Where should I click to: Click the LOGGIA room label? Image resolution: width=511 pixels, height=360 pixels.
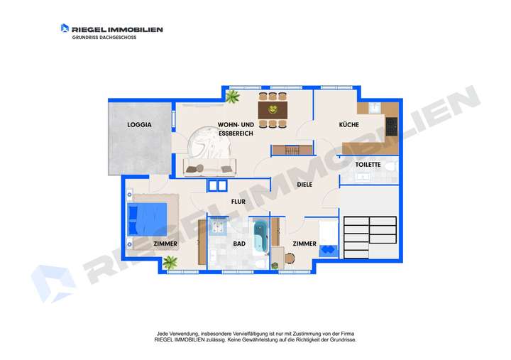pyautogui.click(x=139, y=125)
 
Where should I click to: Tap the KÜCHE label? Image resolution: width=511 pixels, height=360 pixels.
pyautogui.click(x=348, y=125)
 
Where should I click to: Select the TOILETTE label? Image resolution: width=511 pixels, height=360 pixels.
pyautogui.click(x=368, y=165)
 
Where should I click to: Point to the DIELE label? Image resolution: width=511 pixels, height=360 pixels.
pyautogui.click(x=304, y=185)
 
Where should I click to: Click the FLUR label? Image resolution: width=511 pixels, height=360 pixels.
pyautogui.click(x=238, y=202)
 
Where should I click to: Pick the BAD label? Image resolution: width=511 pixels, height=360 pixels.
pyautogui.click(x=239, y=244)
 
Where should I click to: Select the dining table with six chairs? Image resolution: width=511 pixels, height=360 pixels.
pyautogui.click(x=272, y=109)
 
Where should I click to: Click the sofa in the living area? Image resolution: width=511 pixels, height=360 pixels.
pyautogui.click(x=209, y=168)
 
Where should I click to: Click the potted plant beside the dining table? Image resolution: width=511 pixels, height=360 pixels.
pyautogui.click(x=233, y=97)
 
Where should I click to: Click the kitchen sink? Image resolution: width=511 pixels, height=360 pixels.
pyautogui.click(x=374, y=108)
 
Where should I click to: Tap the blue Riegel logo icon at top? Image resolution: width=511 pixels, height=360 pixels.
pyautogui.click(x=65, y=28)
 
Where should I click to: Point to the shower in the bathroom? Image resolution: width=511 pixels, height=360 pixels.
pyautogui.click(x=217, y=227)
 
